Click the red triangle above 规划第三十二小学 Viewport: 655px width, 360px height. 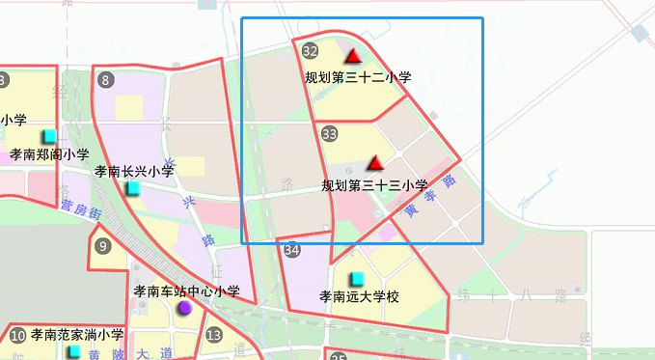(x=354, y=56)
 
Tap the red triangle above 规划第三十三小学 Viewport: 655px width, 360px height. (x=376, y=164)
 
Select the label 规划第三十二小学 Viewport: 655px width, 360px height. (x=358, y=77)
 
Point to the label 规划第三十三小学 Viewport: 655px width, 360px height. (x=374, y=185)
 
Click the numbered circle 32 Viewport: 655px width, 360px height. (x=311, y=51)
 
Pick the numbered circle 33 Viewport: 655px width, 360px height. (x=330, y=133)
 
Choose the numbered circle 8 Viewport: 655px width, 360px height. (x=105, y=79)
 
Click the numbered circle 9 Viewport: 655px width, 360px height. (x=104, y=245)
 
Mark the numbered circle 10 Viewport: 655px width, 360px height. (x=18, y=337)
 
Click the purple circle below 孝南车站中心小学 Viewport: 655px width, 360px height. (x=184, y=308)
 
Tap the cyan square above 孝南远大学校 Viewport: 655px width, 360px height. (x=357, y=278)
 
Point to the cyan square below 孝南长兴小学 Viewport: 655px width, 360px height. (x=134, y=187)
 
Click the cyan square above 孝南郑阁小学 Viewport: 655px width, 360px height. (x=49, y=136)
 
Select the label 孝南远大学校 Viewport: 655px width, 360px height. (x=359, y=296)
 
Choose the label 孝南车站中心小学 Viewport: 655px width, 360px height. (x=186, y=291)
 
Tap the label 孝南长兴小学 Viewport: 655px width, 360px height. (x=134, y=171)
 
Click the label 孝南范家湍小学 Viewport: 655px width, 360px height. (x=77, y=336)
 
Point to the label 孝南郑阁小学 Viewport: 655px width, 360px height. (x=49, y=154)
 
